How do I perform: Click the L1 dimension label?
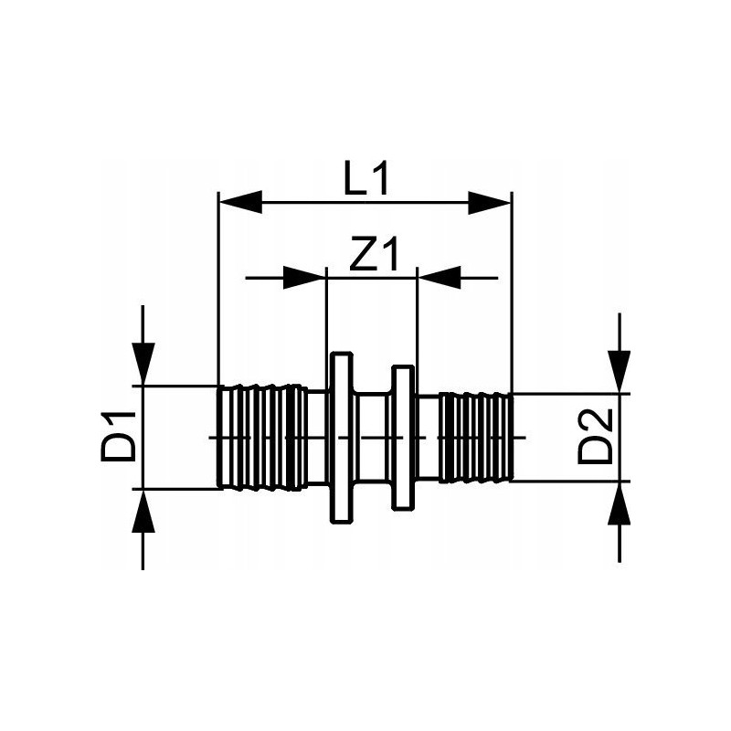tap(365, 177)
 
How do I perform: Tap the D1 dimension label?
tap(118, 437)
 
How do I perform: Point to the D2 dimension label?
tap(595, 437)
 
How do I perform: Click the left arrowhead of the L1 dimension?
tap(240, 202)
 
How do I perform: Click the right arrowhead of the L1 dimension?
tap(490, 202)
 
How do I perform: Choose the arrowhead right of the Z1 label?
tap(440, 278)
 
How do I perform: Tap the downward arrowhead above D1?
tap(143, 364)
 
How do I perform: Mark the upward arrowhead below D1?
tap(143, 511)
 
